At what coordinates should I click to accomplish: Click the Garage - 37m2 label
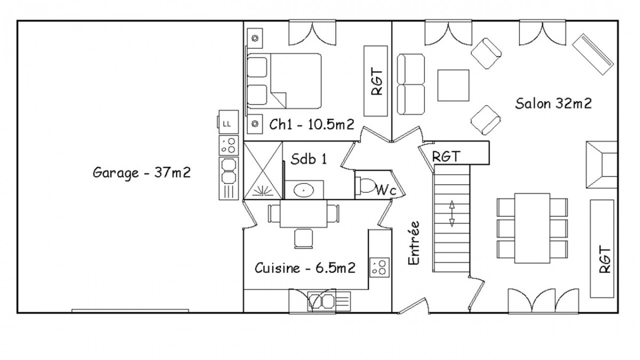click(x=142, y=173)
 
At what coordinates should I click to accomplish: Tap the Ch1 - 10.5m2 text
click(x=311, y=125)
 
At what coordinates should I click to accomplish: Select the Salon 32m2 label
click(x=554, y=103)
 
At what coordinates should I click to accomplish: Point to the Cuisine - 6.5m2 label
click(x=305, y=268)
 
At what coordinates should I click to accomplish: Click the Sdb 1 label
click(x=309, y=159)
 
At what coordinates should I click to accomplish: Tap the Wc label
click(x=386, y=190)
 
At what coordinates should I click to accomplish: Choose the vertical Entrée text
click(x=414, y=243)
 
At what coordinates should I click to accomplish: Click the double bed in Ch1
click(x=284, y=81)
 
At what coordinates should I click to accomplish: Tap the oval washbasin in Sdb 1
click(x=303, y=190)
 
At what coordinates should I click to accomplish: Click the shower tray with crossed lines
click(x=263, y=170)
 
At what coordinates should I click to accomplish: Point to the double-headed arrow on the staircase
click(x=452, y=213)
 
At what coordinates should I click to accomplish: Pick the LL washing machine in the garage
click(x=228, y=122)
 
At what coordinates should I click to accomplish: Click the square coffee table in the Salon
click(x=453, y=85)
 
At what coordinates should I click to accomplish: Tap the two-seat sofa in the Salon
click(x=411, y=84)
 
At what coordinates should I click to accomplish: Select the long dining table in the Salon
click(x=532, y=228)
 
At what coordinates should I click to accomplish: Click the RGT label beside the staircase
click(x=446, y=156)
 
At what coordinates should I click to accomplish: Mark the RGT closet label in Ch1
click(x=377, y=82)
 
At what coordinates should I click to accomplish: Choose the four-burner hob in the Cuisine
click(x=379, y=267)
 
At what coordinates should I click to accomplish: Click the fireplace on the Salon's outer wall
click(x=602, y=165)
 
